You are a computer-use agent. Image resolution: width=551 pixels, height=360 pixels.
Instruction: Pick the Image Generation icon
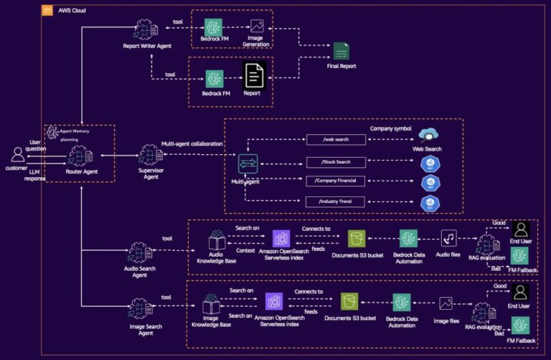coord(255,27)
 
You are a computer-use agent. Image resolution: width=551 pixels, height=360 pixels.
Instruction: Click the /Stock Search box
coord(333,162)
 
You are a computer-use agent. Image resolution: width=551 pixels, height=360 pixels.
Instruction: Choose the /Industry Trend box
coord(333,202)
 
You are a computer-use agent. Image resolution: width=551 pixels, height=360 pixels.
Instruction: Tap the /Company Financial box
coord(333,181)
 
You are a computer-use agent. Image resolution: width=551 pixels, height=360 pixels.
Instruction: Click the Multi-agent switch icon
coord(248,163)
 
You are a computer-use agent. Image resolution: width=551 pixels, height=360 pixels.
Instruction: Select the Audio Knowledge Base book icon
coord(217,239)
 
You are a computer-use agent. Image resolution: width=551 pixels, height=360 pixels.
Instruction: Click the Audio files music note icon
coord(449,238)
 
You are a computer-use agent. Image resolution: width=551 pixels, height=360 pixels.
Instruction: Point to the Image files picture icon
coord(446,303)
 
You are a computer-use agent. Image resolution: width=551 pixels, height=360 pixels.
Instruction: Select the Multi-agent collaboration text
coord(192,143)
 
